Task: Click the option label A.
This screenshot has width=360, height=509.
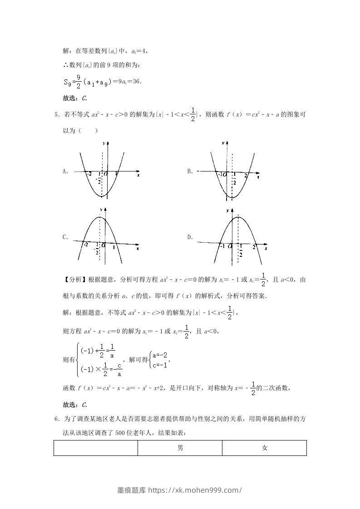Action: [x=65, y=171]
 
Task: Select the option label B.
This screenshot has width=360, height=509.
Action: [x=190, y=171]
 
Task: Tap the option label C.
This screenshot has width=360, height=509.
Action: [x=65, y=237]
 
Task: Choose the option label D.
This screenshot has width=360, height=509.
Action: [x=190, y=237]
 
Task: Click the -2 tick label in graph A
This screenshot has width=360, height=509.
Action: [x=89, y=174]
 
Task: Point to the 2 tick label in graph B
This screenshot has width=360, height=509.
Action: [x=246, y=175]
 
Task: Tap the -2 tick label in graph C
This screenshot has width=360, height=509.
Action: [x=85, y=245]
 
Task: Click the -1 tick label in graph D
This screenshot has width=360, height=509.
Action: [x=222, y=246]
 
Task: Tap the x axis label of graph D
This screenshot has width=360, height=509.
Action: [x=266, y=249]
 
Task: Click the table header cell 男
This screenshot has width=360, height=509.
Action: [x=180, y=448]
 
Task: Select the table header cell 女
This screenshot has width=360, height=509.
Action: [x=265, y=448]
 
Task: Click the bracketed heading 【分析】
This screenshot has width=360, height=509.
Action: [x=74, y=279]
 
